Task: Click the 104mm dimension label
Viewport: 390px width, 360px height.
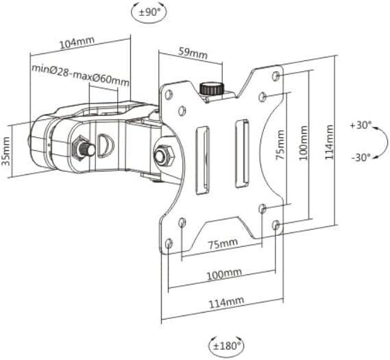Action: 77,43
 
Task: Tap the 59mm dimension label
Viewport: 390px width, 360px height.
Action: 193,53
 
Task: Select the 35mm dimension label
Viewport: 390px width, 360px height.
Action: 6,152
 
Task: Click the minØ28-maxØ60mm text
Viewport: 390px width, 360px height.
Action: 80,75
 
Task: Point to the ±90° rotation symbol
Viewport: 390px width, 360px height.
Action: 149,12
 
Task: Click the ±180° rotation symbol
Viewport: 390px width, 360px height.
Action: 226,346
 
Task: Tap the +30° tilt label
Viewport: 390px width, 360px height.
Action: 361,125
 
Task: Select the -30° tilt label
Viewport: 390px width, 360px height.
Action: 361,157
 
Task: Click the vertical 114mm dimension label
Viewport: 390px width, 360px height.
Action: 329,143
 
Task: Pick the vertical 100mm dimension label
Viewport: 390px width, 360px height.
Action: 303,143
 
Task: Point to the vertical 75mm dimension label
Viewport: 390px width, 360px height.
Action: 280,145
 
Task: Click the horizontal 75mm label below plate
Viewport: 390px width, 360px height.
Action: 223,243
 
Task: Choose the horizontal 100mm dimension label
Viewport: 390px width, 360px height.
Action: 224,274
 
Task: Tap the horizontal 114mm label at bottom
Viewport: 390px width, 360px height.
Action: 226,302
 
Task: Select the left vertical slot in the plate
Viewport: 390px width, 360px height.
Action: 203,160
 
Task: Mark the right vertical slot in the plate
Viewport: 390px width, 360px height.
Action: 242,154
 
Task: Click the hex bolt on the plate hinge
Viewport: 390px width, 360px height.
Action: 164,156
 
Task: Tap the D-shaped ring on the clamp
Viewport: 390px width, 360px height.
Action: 106,146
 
